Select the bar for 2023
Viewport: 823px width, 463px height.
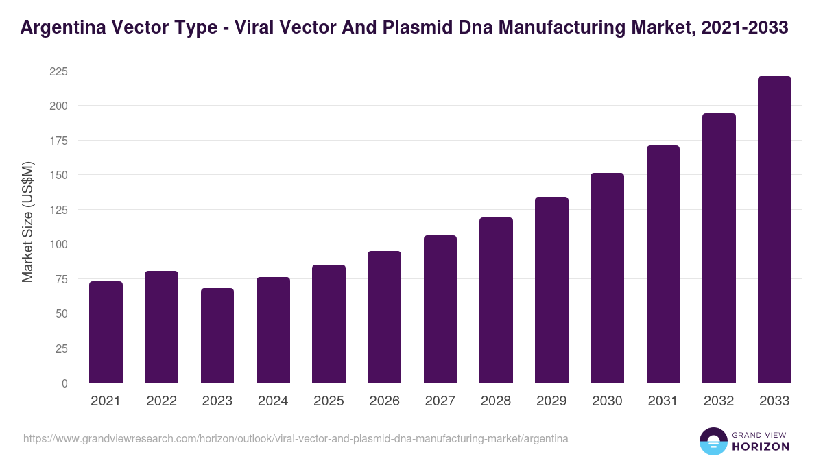click(x=217, y=335)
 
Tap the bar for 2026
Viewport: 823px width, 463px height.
click(x=384, y=317)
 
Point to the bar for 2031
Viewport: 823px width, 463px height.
click(x=663, y=264)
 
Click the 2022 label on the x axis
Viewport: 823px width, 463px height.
click(x=161, y=401)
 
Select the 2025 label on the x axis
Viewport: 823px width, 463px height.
click(x=329, y=401)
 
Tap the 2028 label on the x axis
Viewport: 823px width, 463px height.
click(x=496, y=401)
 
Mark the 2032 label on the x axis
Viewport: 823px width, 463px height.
click(x=719, y=401)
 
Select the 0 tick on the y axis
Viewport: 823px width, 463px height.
click(x=64, y=383)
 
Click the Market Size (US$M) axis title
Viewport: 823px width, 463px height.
click(x=27, y=222)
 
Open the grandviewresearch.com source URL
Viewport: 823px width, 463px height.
click(x=296, y=438)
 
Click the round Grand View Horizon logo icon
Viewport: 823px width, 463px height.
click(x=713, y=441)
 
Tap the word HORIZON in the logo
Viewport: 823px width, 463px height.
click(x=761, y=447)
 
